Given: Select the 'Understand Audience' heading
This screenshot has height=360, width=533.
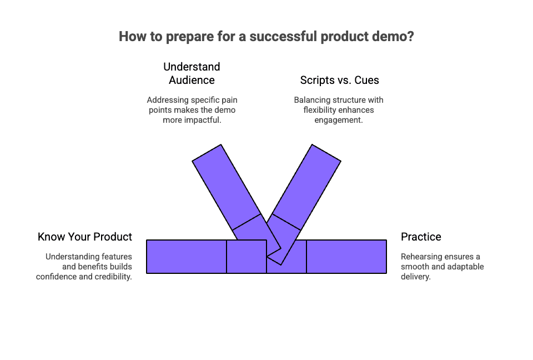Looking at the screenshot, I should pyautogui.click(x=192, y=73).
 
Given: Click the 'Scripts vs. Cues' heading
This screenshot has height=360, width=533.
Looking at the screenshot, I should pyautogui.click(x=339, y=80).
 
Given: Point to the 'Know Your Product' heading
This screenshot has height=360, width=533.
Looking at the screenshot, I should pyautogui.click(x=85, y=237).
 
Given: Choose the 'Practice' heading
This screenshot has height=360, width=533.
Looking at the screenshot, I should pyautogui.click(x=421, y=237).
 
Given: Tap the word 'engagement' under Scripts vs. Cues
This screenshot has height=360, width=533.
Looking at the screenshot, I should pyautogui.click(x=338, y=120).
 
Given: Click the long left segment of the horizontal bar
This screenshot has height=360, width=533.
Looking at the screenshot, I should pyautogui.click(x=186, y=256).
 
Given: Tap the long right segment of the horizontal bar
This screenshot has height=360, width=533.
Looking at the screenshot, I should pyautogui.click(x=346, y=256).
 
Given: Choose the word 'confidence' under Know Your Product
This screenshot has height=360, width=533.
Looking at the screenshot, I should pyautogui.click(x=57, y=277).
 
